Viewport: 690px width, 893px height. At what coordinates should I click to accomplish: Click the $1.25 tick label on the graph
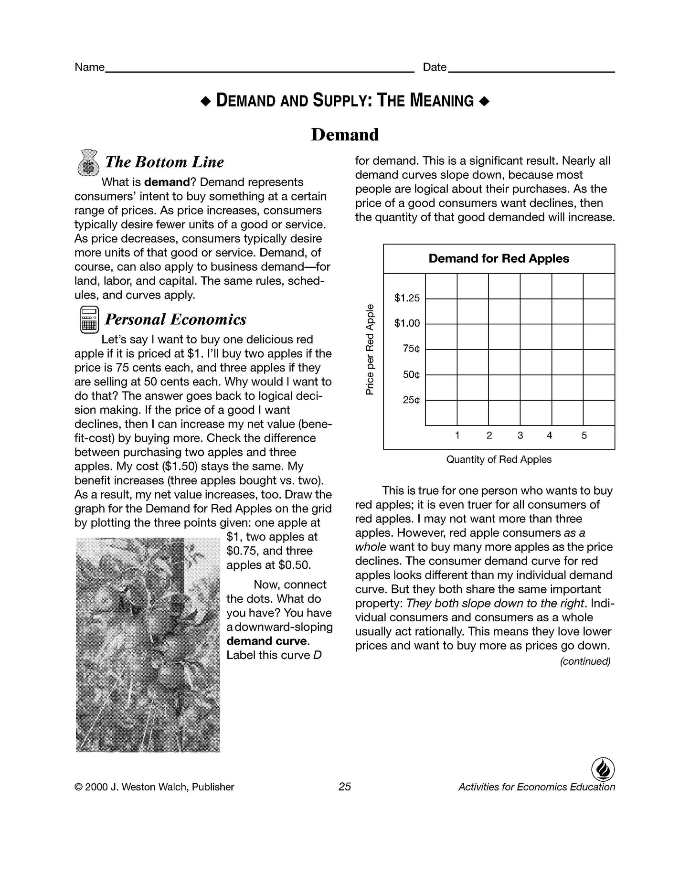(407, 298)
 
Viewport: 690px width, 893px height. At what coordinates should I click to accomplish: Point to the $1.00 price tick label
(407, 324)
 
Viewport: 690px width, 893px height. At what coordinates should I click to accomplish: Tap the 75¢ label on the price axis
(411, 349)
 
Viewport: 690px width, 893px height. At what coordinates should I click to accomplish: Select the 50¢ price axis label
(411, 375)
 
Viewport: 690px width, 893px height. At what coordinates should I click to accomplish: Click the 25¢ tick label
(411, 400)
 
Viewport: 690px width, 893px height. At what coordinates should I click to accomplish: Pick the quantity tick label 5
(584, 436)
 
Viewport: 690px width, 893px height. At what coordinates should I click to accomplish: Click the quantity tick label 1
(457, 436)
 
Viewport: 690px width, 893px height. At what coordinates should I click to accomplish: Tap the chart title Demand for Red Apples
(499, 259)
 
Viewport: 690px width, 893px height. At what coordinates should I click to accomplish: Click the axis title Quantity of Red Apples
(499, 460)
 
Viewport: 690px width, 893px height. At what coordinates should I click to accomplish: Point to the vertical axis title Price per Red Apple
(370, 350)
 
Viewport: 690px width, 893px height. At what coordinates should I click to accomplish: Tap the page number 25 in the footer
(344, 787)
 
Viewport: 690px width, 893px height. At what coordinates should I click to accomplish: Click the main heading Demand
(345, 135)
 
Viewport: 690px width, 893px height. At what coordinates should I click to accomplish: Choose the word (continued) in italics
(585, 661)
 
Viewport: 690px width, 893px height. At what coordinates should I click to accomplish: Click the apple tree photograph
(148, 645)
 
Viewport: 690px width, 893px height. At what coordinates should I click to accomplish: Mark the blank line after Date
(531, 71)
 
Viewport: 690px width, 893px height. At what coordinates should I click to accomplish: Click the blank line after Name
(259, 71)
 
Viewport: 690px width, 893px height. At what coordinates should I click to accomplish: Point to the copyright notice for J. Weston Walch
(154, 787)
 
